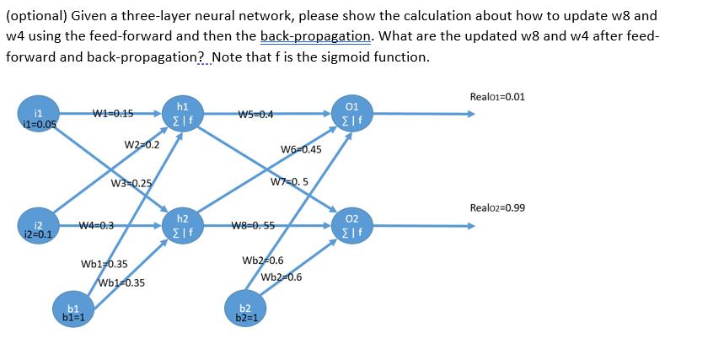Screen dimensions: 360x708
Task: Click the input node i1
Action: pyautogui.click(x=39, y=117)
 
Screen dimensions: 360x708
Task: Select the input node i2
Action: pyautogui.click(x=39, y=227)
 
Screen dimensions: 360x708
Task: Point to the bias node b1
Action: pyautogui.click(x=73, y=311)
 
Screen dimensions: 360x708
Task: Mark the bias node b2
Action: pyautogui.click(x=245, y=311)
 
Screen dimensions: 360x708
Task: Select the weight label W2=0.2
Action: pyautogui.click(x=142, y=144)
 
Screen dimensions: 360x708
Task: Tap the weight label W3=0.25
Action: pyautogui.click(x=131, y=184)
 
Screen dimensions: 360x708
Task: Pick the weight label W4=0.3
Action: pyautogui.click(x=96, y=225)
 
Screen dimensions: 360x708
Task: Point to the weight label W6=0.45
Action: pyautogui.click(x=301, y=149)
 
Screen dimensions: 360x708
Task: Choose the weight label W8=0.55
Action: pyautogui.click(x=253, y=225)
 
